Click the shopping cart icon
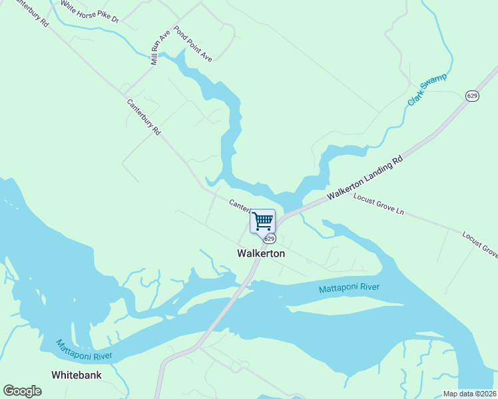[x=262, y=220]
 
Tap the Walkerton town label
[x=261, y=253]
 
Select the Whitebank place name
[x=77, y=375]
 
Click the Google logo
[x=22, y=391]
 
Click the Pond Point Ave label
[x=193, y=44]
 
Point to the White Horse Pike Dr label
[x=89, y=11]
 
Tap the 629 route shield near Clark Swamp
[x=472, y=96]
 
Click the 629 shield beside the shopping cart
[x=269, y=238]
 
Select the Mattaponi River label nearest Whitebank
[x=84, y=350]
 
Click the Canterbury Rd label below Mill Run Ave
[x=144, y=118]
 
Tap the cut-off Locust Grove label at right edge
[x=480, y=243]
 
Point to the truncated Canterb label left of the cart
[x=240, y=204]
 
